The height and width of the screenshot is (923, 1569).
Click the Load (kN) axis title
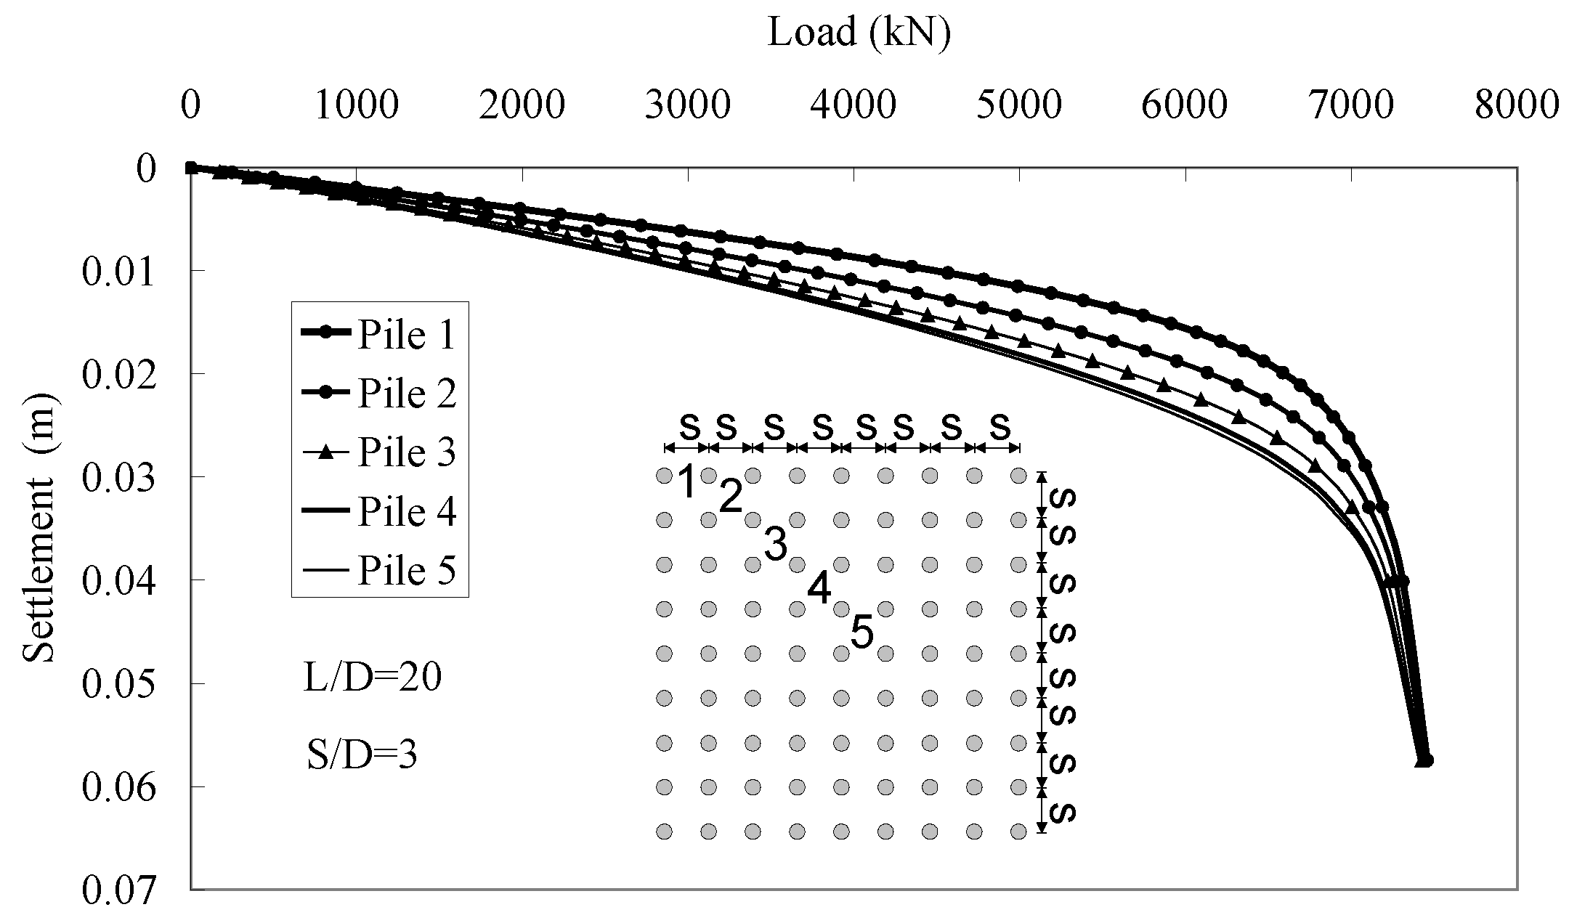coord(859,33)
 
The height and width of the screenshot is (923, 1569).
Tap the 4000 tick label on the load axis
coord(854,106)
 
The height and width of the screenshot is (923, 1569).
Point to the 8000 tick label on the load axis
coord(1517,106)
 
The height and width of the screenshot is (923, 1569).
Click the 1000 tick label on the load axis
coord(356,106)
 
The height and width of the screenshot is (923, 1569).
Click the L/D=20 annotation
coord(373,679)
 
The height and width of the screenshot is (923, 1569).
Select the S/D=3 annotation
coord(362,756)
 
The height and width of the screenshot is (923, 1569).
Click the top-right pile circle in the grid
coord(1018,476)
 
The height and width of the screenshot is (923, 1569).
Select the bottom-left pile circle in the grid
coord(664,831)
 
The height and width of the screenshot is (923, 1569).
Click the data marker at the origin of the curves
coord(190,168)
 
